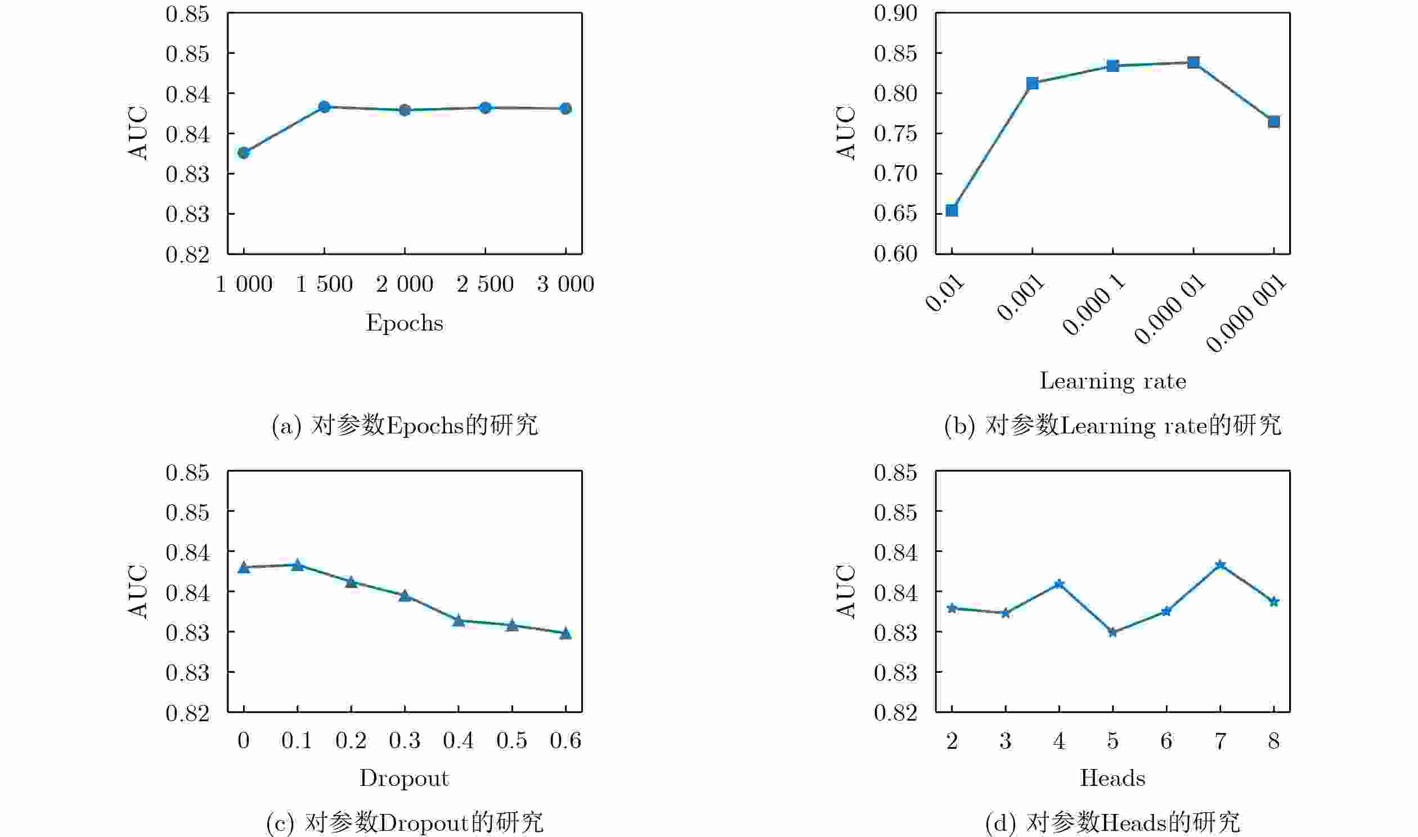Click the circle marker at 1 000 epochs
click(244, 153)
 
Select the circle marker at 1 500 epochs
click(324, 107)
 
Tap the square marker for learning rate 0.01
click(952, 210)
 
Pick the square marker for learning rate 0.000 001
click(1273, 122)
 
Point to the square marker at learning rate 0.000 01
click(1193, 62)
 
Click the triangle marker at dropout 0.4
click(459, 621)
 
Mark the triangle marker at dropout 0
click(244, 567)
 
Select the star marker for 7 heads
click(1220, 565)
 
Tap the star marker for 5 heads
click(1112, 632)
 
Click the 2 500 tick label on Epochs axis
click(485, 284)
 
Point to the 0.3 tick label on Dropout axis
click(405, 740)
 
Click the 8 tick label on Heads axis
click(1273, 740)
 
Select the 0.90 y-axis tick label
click(895, 13)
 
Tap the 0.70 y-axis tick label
click(895, 173)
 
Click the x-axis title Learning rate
click(1112, 381)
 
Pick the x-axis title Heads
click(1112, 779)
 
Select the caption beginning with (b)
click(1112, 426)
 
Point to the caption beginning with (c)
click(405, 823)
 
